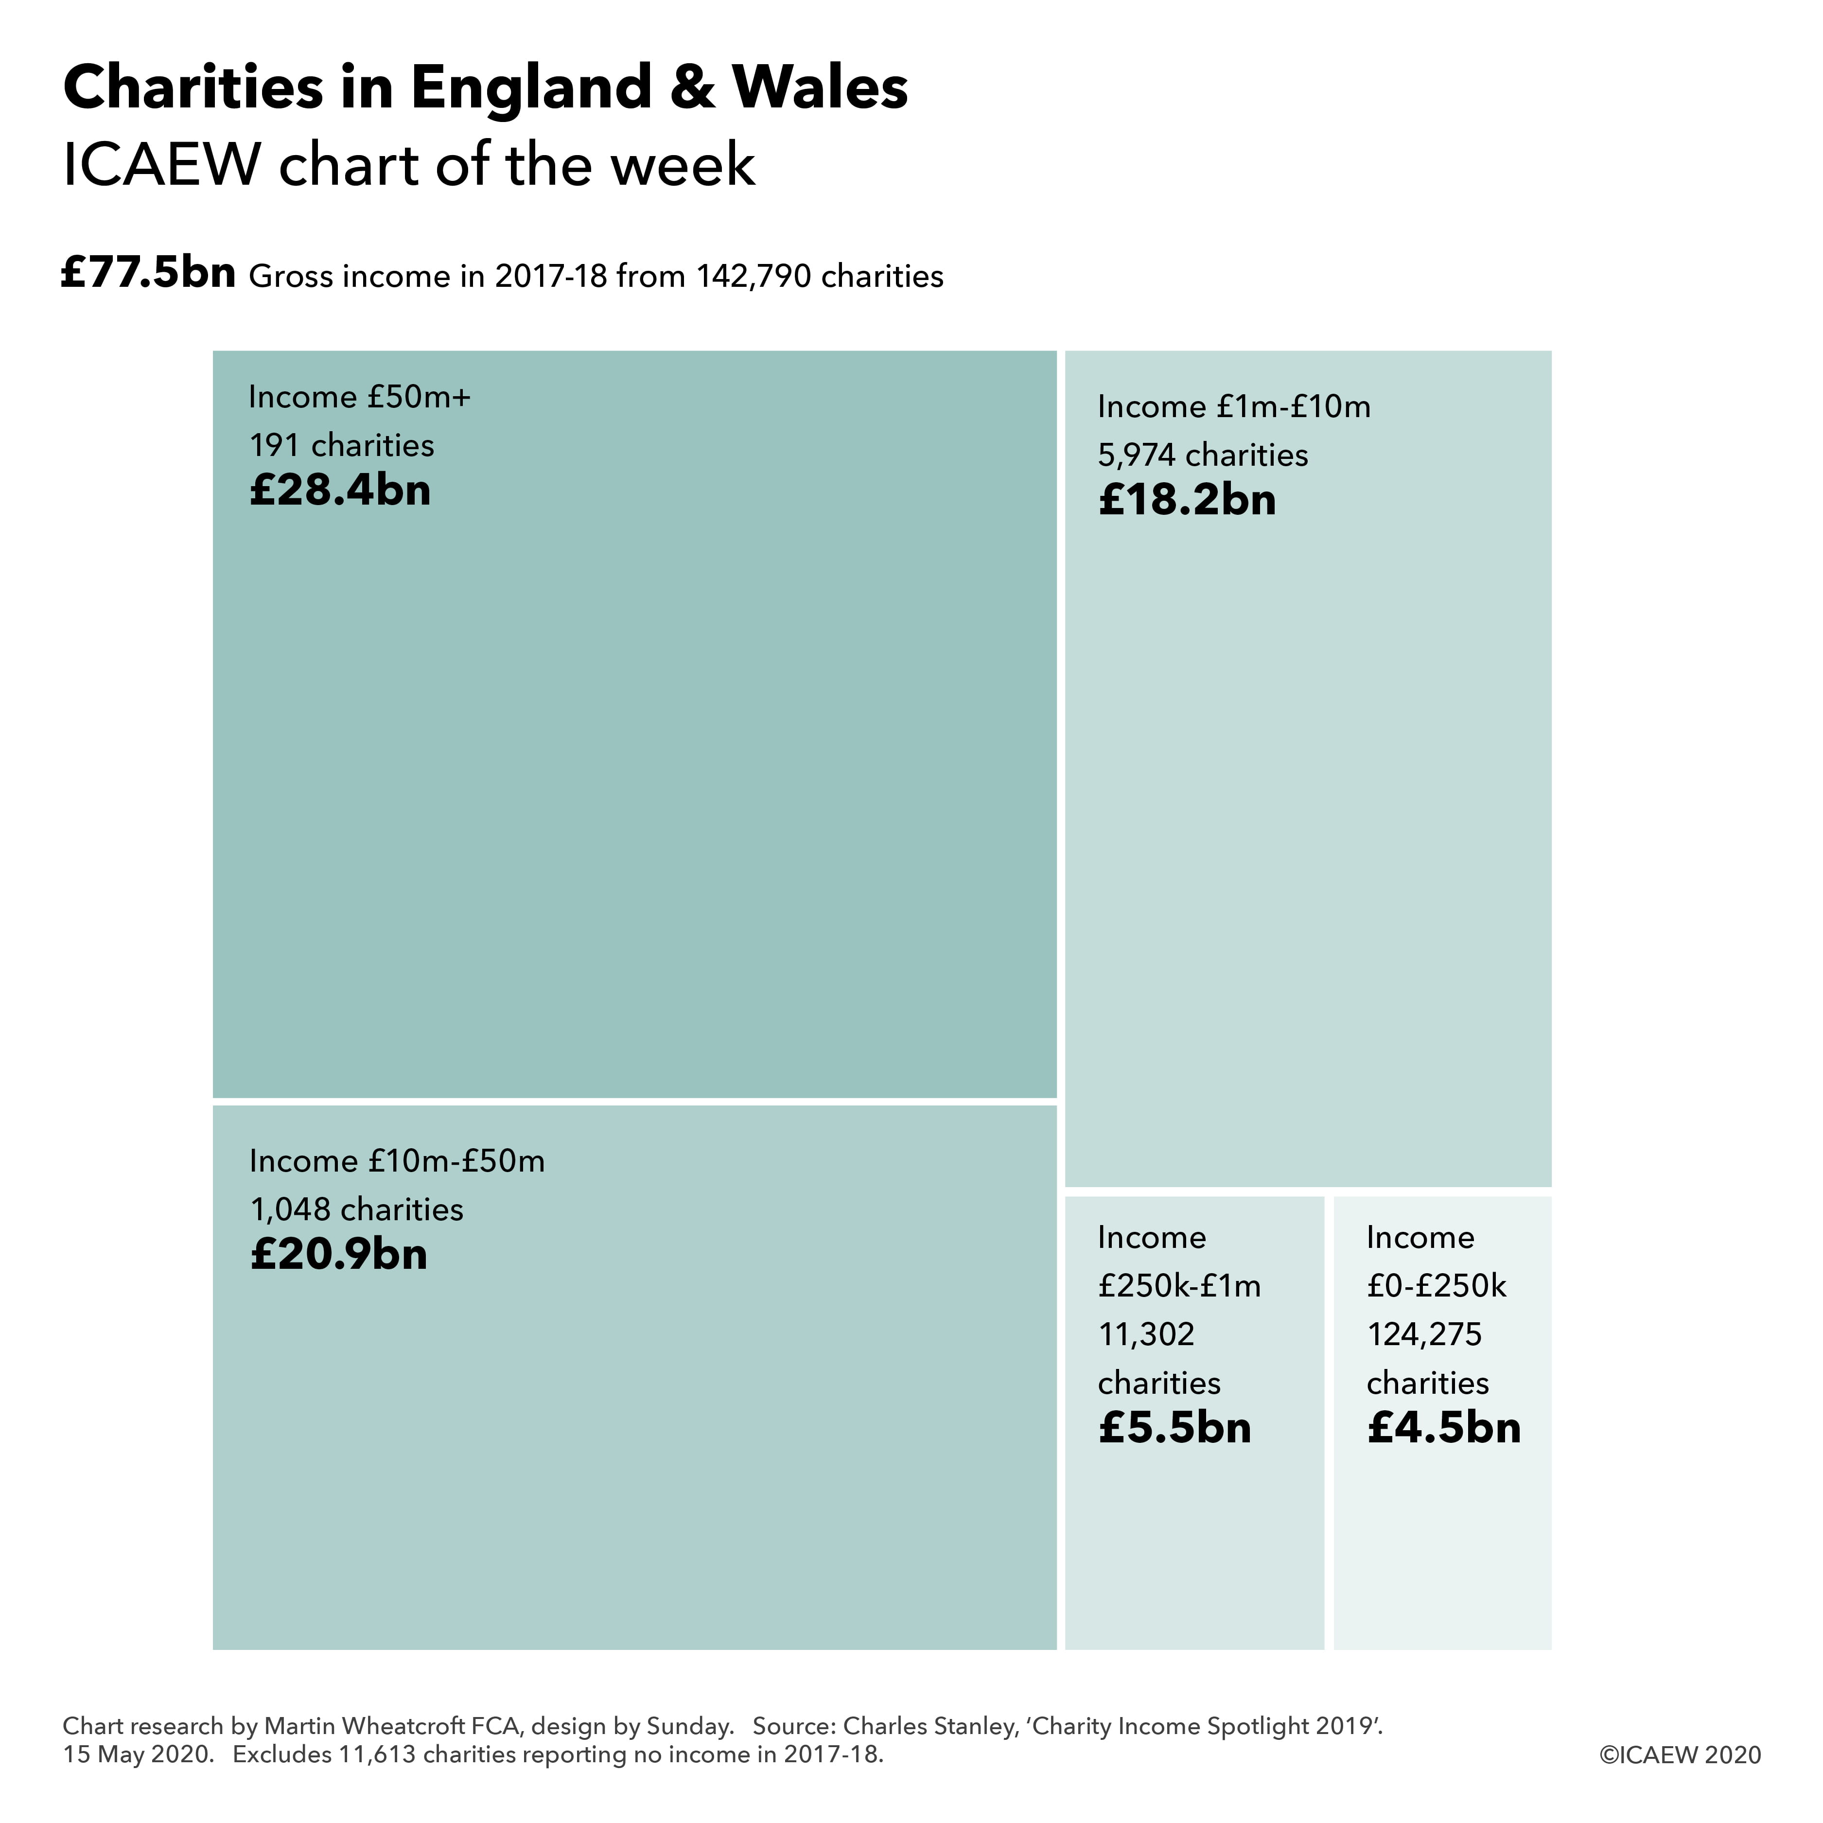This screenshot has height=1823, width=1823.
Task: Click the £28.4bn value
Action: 340,491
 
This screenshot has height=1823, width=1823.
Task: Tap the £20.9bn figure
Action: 339,1255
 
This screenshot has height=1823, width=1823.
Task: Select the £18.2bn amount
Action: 1187,500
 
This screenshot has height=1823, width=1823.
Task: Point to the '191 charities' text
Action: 342,445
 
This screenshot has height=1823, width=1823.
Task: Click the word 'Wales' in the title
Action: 820,88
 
